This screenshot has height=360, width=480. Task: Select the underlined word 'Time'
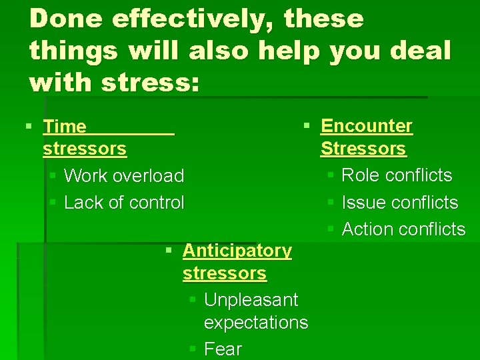pos(65,127)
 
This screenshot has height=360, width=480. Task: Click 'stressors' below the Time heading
pos(85,149)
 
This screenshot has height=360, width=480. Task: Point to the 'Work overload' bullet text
pos(124,176)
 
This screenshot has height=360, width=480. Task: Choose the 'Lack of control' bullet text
pos(124,203)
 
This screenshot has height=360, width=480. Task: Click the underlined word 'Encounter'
pos(367,126)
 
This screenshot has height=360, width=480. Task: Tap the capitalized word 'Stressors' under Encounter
pos(363,149)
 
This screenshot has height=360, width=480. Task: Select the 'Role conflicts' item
pos(397,175)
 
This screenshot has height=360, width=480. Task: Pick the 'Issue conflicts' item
pos(400,203)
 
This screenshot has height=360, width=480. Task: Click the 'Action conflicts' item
pos(403,229)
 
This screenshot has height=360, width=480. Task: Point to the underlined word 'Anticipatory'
pos(237,251)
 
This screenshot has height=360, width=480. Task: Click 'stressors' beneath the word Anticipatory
pos(225,273)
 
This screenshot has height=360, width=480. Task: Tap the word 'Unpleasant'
pos(251,300)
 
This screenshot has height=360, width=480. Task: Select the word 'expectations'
pos(256,323)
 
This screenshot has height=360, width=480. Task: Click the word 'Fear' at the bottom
pos(223,349)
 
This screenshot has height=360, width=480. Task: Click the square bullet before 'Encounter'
pos(306,125)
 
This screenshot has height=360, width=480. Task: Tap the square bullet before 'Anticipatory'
pos(169,250)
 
